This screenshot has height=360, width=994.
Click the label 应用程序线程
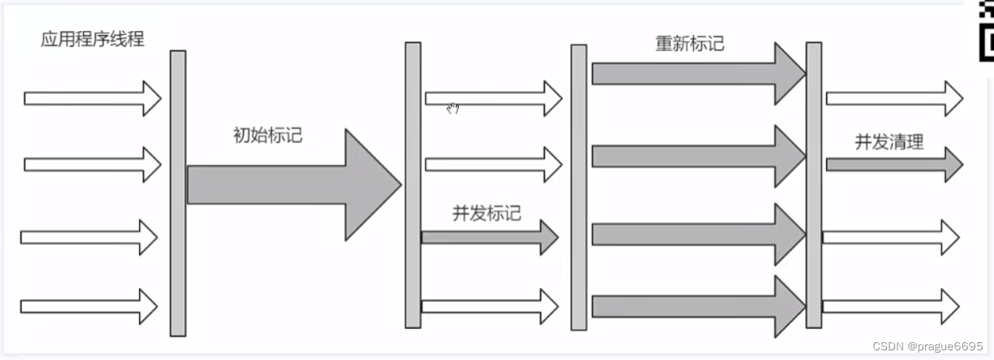click(x=92, y=39)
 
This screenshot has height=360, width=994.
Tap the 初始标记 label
click(x=268, y=135)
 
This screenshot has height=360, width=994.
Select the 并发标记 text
click(x=486, y=213)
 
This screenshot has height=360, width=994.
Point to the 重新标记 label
click(x=689, y=43)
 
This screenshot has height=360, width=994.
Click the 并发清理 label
click(x=888, y=142)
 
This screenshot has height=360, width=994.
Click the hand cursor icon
click(x=453, y=109)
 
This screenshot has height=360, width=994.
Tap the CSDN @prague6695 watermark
click(x=927, y=347)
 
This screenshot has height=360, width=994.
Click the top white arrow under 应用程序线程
click(x=92, y=98)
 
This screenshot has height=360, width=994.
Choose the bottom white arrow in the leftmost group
click(x=88, y=306)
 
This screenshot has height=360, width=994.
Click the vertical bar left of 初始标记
click(x=178, y=193)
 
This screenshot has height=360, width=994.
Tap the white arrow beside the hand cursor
click(x=493, y=98)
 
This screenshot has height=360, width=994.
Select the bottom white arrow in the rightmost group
click(x=890, y=306)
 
